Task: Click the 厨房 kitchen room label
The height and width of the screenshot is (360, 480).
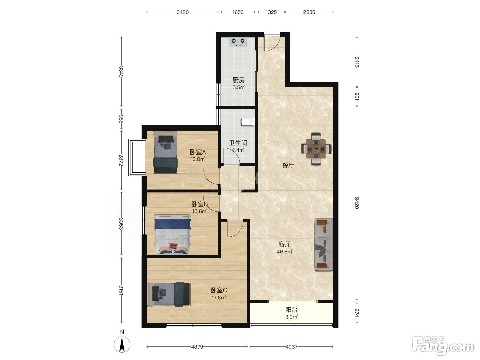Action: (238, 80)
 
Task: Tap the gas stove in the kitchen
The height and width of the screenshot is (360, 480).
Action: (238, 42)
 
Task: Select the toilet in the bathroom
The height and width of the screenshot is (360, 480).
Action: (248, 122)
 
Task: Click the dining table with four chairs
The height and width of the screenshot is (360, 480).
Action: (316, 149)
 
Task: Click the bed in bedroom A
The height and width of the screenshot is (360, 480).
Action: (165, 152)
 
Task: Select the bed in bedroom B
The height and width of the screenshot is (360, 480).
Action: (172, 235)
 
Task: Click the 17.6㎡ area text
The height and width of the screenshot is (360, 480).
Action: (218, 298)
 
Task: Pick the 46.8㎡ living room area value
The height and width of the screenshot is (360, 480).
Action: (285, 252)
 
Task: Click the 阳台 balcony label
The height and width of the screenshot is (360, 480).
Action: (291, 310)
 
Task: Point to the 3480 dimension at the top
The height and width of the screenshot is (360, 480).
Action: (182, 12)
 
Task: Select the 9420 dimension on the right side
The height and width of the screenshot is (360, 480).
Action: (357, 203)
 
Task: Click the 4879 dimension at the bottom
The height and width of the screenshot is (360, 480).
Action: (197, 346)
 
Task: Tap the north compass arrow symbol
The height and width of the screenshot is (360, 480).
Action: (122, 344)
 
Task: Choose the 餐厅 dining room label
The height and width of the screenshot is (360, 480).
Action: (288, 166)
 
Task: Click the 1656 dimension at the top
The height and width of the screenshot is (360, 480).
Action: (238, 12)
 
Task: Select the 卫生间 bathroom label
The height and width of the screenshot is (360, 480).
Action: (238, 143)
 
